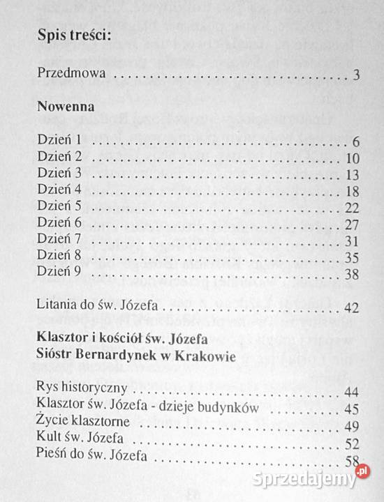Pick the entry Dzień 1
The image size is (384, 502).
tap(61, 141)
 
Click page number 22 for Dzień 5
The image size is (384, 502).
tap(351, 207)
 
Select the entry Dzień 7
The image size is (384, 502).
tap(61, 240)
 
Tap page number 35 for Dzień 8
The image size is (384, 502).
tap(351, 257)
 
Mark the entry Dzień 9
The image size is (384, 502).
tap(61, 273)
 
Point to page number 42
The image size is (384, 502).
tap(351, 307)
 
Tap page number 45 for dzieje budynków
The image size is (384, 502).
tap(351, 409)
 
